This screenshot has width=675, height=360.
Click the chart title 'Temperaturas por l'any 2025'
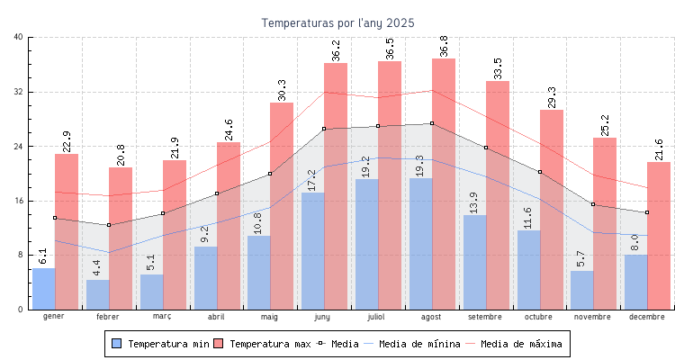(x=337, y=22)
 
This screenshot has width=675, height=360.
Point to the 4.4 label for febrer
(x=97, y=267)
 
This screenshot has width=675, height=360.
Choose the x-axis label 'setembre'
(x=485, y=318)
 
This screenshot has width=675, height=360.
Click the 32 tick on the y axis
(x=19, y=92)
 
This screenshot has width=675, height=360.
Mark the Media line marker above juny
(x=324, y=129)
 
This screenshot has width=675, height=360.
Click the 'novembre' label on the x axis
(x=593, y=318)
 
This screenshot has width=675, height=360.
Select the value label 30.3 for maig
(x=282, y=89)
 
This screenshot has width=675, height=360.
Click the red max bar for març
(x=175, y=235)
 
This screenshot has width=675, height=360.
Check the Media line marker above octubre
(x=540, y=172)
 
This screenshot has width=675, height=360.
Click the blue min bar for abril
(x=205, y=278)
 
